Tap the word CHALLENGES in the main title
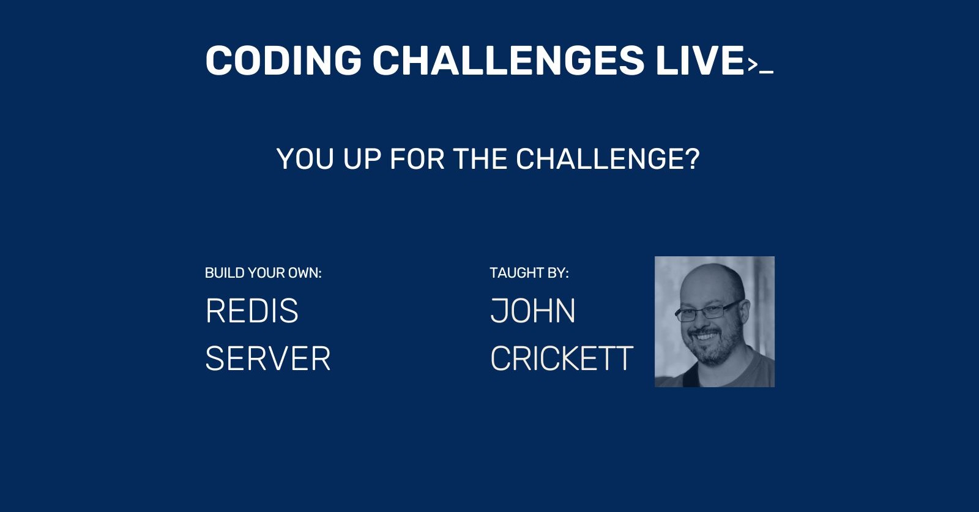click(x=508, y=61)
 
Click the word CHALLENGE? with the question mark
click(x=607, y=160)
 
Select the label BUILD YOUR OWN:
click(x=263, y=273)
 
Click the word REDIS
click(x=251, y=311)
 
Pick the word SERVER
click(x=267, y=358)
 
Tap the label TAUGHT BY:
click(x=529, y=273)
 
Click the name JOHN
click(x=532, y=311)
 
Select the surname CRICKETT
click(x=561, y=358)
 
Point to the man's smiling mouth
click(x=705, y=337)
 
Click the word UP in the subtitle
click(x=362, y=160)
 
